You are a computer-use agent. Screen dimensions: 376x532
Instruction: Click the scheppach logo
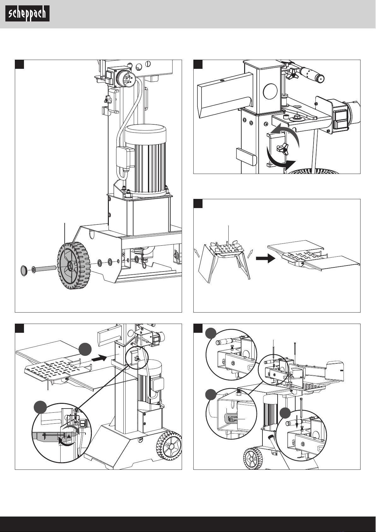click(27, 14)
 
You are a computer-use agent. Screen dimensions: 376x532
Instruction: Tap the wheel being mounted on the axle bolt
click(73, 266)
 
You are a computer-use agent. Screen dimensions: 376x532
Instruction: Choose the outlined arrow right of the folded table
click(250, 254)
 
